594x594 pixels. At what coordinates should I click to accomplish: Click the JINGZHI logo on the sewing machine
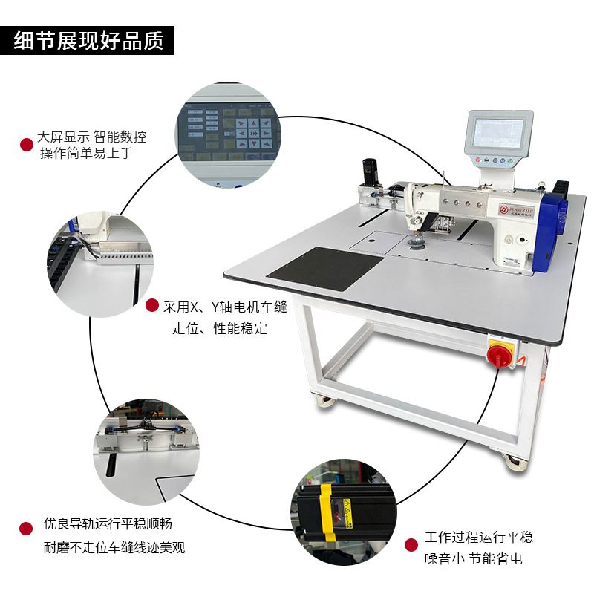(x=516, y=209)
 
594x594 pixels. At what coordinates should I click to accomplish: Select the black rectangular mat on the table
(x=326, y=268)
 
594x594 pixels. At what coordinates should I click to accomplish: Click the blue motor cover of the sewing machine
(x=550, y=230)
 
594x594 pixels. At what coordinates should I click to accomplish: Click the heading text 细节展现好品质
(x=88, y=41)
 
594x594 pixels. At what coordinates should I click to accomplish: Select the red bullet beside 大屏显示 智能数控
(x=27, y=144)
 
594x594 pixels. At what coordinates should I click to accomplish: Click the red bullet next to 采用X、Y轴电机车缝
(x=152, y=305)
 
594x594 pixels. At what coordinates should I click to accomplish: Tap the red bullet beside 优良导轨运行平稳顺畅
(x=26, y=529)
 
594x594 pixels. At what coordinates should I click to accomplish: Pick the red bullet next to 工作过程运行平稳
(x=411, y=545)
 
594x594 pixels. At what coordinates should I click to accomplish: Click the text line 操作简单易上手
(x=87, y=153)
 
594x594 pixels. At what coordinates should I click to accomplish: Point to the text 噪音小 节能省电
(x=473, y=558)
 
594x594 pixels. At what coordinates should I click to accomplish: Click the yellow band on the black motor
(x=327, y=512)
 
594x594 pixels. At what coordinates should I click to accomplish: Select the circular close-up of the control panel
(x=227, y=135)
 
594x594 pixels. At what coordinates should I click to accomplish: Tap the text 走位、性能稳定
(x=220, y=328)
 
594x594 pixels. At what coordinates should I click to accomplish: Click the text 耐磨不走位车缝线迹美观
(x=114, y=548)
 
